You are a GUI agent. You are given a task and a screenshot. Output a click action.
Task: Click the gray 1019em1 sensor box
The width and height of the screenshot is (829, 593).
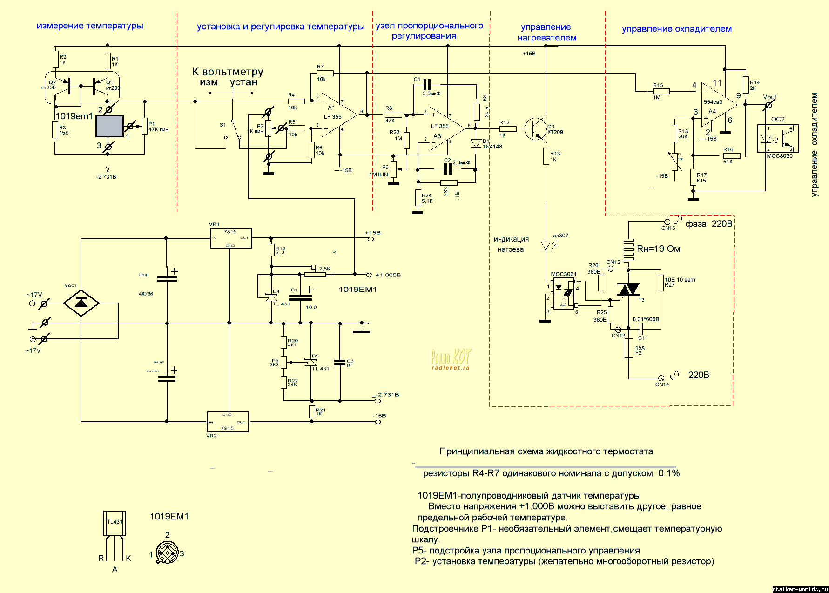click(x=109, y=126)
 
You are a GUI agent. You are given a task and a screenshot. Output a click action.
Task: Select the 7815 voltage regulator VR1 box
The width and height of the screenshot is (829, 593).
click(x=231, y=238)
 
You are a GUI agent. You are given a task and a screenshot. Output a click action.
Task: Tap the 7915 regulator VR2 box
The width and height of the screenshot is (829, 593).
click(x=228, y=422)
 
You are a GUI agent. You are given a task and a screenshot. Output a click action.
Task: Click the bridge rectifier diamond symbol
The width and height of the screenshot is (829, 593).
click(x=81, y=303)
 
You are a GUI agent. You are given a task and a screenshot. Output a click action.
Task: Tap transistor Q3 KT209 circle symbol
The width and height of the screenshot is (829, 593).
click(x=535, y=128)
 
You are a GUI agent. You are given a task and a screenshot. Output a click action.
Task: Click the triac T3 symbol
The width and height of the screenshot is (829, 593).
click(x=628, y=290)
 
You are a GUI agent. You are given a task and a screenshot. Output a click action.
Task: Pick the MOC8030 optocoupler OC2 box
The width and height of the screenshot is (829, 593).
click(x=778, y=138)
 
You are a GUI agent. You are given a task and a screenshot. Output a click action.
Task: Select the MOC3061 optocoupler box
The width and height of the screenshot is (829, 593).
click(x=564, y=293)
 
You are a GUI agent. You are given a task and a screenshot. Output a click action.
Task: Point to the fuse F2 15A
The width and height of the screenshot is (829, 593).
click(x=629, y=348)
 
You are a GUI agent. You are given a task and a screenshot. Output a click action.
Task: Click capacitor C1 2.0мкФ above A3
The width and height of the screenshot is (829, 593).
click(x=427, y=85)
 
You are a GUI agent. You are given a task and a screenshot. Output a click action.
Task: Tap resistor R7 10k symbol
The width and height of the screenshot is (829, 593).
click(x=325, y=73)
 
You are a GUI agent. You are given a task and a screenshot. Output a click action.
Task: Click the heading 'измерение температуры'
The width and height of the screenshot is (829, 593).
click(x=90, y=26)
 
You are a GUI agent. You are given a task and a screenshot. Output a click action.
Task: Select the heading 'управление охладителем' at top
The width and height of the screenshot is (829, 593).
click(x=676, y=29)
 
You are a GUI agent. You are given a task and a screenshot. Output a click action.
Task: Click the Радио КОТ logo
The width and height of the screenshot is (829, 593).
click(x=451, y=359)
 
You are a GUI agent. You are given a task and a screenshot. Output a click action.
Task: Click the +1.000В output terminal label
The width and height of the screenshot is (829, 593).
click(x=388, y=275)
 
